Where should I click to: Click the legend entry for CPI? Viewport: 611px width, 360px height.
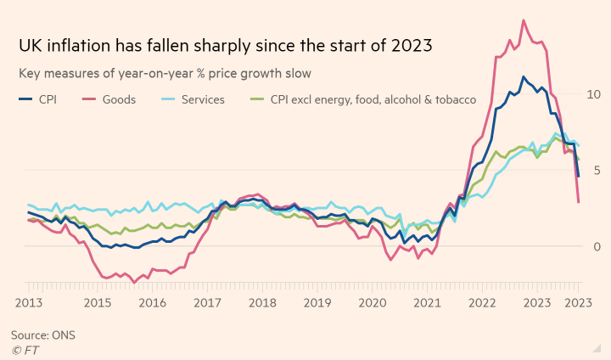(x=40, y=99)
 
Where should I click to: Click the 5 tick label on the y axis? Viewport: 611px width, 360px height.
(x=596, y=170)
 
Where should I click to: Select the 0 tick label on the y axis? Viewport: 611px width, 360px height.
(x=596, y=246)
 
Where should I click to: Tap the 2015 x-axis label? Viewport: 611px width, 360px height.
(x=97, y=302)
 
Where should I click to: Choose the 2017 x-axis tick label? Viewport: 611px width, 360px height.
(x=207, y=302)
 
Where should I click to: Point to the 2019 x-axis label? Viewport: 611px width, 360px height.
(x=317, y=302)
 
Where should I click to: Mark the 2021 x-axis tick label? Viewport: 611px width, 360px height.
(x=427, y=302)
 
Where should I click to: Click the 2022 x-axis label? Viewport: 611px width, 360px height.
(x=482, y=302)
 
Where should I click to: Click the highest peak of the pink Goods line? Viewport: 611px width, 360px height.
(x=523, y=20)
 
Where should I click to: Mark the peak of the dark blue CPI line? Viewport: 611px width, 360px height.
(x=524, y=77)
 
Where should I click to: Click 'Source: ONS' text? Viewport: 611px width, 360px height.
(x=43, y=335)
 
